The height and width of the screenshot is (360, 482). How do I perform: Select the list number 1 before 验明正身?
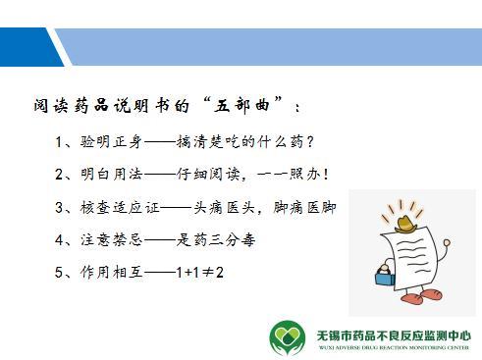pyautogui.click(x=61, y=143)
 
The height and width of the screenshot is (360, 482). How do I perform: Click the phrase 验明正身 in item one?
pyautogui.click(x=113, y=143)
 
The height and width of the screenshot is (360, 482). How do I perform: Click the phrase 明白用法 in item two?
pyautogui.click(x=113, y=176)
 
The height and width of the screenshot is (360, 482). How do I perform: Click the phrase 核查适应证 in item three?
pyautogui.click(x=121, y=207)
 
